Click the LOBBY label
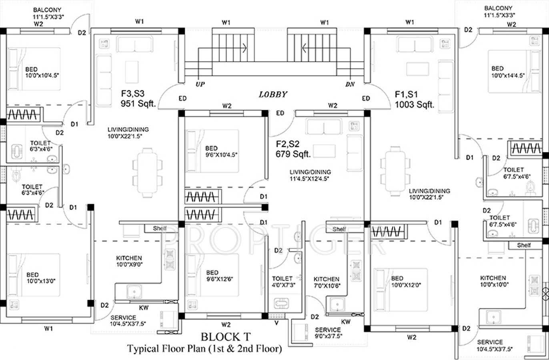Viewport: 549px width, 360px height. [x=273, y=94]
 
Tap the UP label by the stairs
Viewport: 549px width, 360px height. [x=200, y=84]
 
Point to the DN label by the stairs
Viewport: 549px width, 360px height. [x=350, y=84]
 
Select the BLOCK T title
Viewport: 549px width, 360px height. [x=226, y=337]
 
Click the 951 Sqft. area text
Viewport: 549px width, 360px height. [x=138, y=104]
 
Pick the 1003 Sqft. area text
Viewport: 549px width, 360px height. [x=415, y=105]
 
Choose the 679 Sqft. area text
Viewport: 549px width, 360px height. [x=293, y=154]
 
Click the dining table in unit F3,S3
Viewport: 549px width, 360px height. [x=147, y=173]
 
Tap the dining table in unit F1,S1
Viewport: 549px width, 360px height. [x=395, y=171]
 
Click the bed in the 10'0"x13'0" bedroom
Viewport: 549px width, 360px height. [x=34, y=275]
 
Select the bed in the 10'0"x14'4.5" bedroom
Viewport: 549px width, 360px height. [x=514, y=72]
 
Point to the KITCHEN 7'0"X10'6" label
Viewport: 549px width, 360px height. [x=327, y=282]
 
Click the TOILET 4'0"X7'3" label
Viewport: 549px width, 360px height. [x=283, y=282]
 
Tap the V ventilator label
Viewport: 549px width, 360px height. [x=277, y=323]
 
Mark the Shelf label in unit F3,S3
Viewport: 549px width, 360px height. [x=160, y=228]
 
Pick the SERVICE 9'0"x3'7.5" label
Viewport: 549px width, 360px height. [x=328, y=333]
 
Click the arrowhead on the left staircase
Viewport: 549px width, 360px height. [x=244, y=48]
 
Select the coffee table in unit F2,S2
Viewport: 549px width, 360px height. [x=324, y=151]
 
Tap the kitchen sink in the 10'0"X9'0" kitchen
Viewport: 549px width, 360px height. [x=134, y=292]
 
